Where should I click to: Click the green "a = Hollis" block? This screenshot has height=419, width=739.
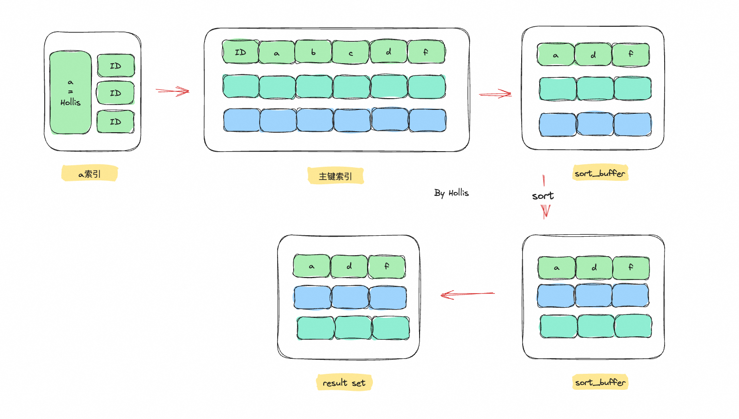pyautogui.click(x=70, y=92)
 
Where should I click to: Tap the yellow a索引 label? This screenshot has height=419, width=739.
pyautogui.click(x=89, y=174)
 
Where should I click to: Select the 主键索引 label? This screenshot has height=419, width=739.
pyautogui.click(x=335, y=176)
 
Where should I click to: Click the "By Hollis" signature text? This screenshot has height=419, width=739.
pyautogui.click(x=451, y=193)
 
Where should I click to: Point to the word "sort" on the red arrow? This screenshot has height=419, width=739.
pyautogui.click(x=543, y=196)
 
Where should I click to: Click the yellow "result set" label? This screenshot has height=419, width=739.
pyautogui.click(x=344, y=383)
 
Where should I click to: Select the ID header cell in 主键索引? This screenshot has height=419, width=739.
pyautogui.click(x=241, y=52)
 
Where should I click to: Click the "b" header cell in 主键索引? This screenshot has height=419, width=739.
pyautogui.click(x=314, y=52)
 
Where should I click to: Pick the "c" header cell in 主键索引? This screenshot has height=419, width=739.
pyautogui.click(x=351, y=52)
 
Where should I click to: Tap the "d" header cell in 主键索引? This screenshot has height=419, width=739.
pyautogui.click(x=388, y=52)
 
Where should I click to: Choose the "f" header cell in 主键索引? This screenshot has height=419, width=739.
pyautogui.click(x=426, y=52)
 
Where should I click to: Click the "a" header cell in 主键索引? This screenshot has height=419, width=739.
pyautogui.click(x=277, y=52)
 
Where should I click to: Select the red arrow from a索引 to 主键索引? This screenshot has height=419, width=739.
pyautogui.click(x=173, y=91)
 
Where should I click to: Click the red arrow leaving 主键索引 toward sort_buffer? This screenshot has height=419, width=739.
pyautogui.click(x=495, y=94)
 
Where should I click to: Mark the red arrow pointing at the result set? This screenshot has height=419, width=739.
pyautogui.click(x=467, y=294)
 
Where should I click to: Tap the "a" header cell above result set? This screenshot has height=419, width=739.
pyautogui.click(x=312, y=266)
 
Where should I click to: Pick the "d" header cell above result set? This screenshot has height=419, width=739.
pyautogui.click(x=349, y=266)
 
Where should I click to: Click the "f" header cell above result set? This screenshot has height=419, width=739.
pyautogui.click(x=387, y=266)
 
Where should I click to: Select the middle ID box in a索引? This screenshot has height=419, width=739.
pyautogui.click(x=115, y=93)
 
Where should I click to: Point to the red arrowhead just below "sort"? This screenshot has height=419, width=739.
pyautogui.click(x=545, y=211)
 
